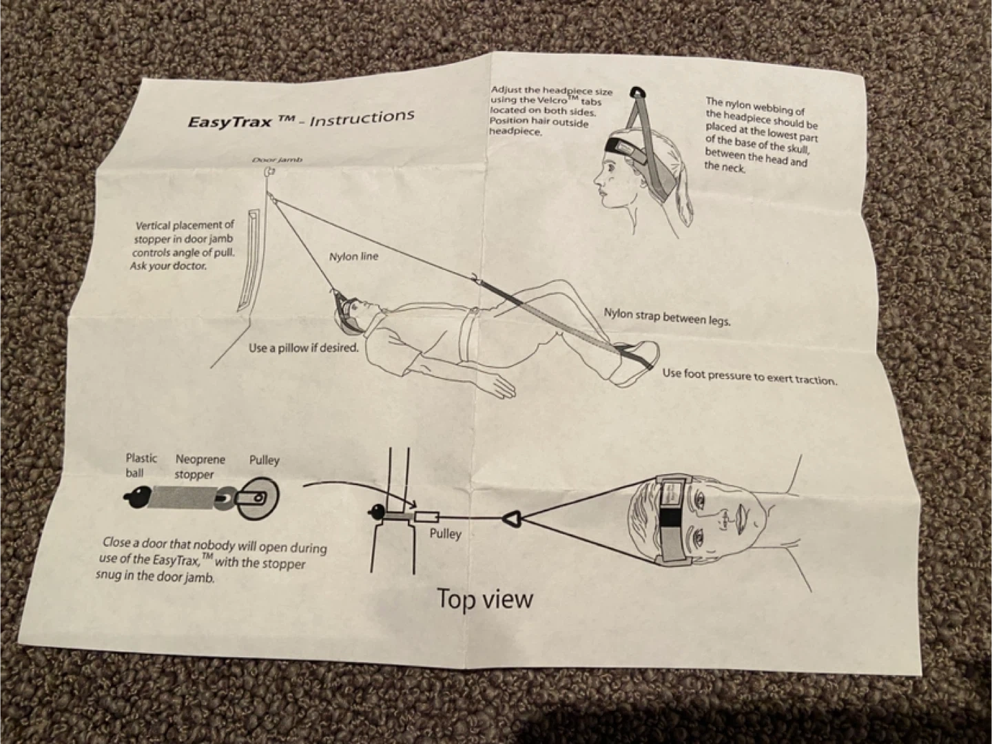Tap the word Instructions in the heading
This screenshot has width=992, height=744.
362,118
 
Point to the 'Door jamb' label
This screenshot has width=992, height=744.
276,160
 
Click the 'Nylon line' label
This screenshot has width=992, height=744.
353,257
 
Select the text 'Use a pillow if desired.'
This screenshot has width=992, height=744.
304,348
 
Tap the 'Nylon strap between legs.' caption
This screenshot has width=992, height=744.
667,317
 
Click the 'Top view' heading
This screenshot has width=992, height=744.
485,599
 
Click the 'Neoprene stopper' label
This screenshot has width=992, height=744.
199,466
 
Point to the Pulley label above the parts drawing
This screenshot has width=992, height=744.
264,460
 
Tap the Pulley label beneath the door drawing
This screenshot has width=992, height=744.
445,534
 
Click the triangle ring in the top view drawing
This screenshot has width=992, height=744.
513,517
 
